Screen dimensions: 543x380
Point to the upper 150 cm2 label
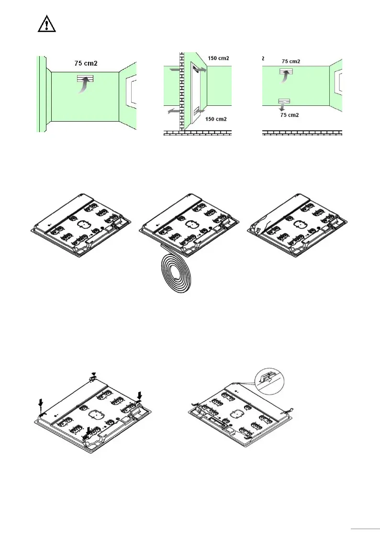(218, 58)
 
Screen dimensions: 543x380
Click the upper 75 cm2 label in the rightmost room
(291, 62)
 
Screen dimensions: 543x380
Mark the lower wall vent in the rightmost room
(284, 101)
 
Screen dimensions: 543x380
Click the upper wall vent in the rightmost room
(286, 71)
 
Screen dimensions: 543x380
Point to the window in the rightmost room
(339, 81)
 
